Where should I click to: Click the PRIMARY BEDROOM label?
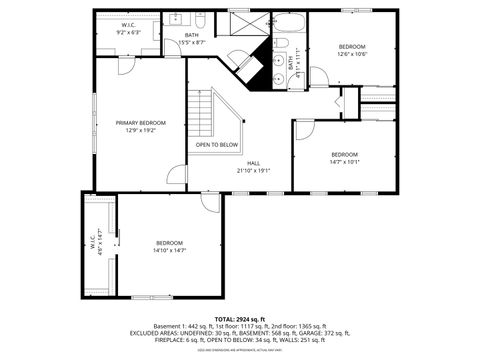pyautogui.click(x=140, y=123)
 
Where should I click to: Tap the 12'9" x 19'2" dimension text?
pyautogui.click(x=140, y=131)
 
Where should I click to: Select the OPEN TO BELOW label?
pyautogui.click(x=217, y=145)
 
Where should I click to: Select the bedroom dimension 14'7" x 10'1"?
pyautogui.click(x=345, y=161)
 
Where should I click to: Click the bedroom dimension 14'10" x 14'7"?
pyautogui.click(x=169, y=250)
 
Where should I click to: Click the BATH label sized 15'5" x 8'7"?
pyautogui.click(x=191, y=39)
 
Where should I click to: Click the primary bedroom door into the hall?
pyautogui.click(x=177, y=176)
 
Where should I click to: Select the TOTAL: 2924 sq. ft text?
pyautogui.click(x=240, y=318)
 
